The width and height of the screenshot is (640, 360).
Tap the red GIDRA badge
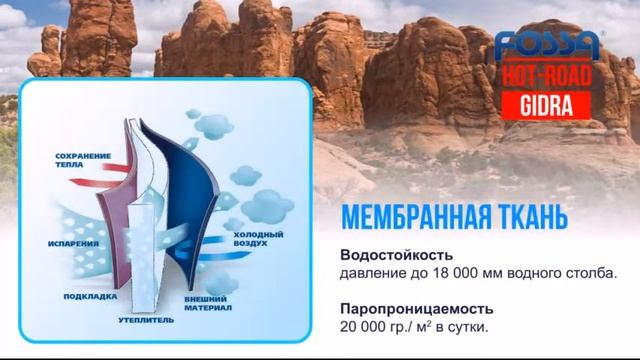tap(549, 105)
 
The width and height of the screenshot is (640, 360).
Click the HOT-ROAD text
tap(549, 77)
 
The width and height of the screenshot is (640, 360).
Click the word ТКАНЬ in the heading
tap(529, 217)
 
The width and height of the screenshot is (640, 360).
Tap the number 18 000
tap(479, 271)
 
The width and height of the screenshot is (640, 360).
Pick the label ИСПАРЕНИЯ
tap(71, 241)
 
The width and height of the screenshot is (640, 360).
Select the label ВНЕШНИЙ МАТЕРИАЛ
tap(208, 303)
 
